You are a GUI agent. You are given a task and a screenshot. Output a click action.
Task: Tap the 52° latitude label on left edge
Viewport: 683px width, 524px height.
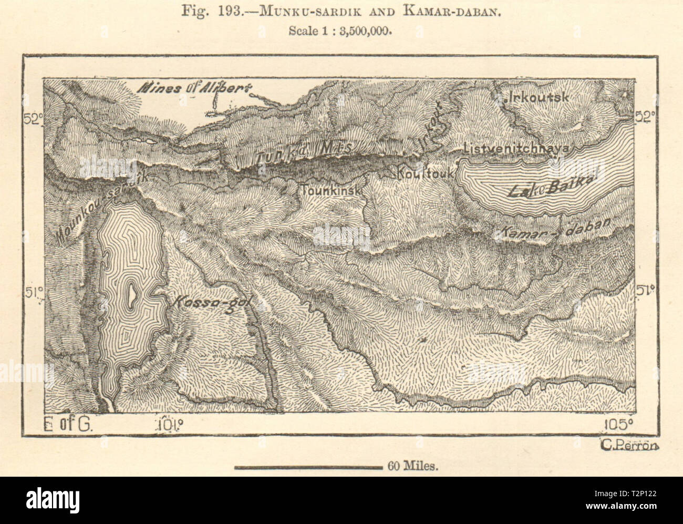[32, 120]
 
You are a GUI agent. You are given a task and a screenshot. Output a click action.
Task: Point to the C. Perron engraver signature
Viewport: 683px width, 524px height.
[628, 446]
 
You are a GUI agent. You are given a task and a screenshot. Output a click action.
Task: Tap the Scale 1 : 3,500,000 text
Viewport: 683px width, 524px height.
[341, 30]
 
